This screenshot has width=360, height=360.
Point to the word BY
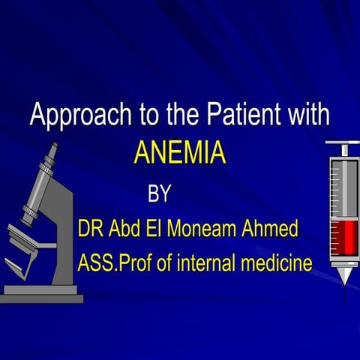pos(159,194)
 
